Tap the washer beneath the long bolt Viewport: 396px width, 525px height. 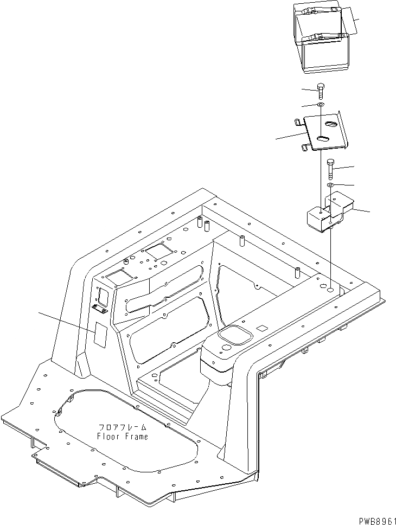point(330,187)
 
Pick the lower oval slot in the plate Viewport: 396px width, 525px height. point(321,139)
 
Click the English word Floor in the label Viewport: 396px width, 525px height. point(107,436)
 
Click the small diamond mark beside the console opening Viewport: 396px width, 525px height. point(262,328)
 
